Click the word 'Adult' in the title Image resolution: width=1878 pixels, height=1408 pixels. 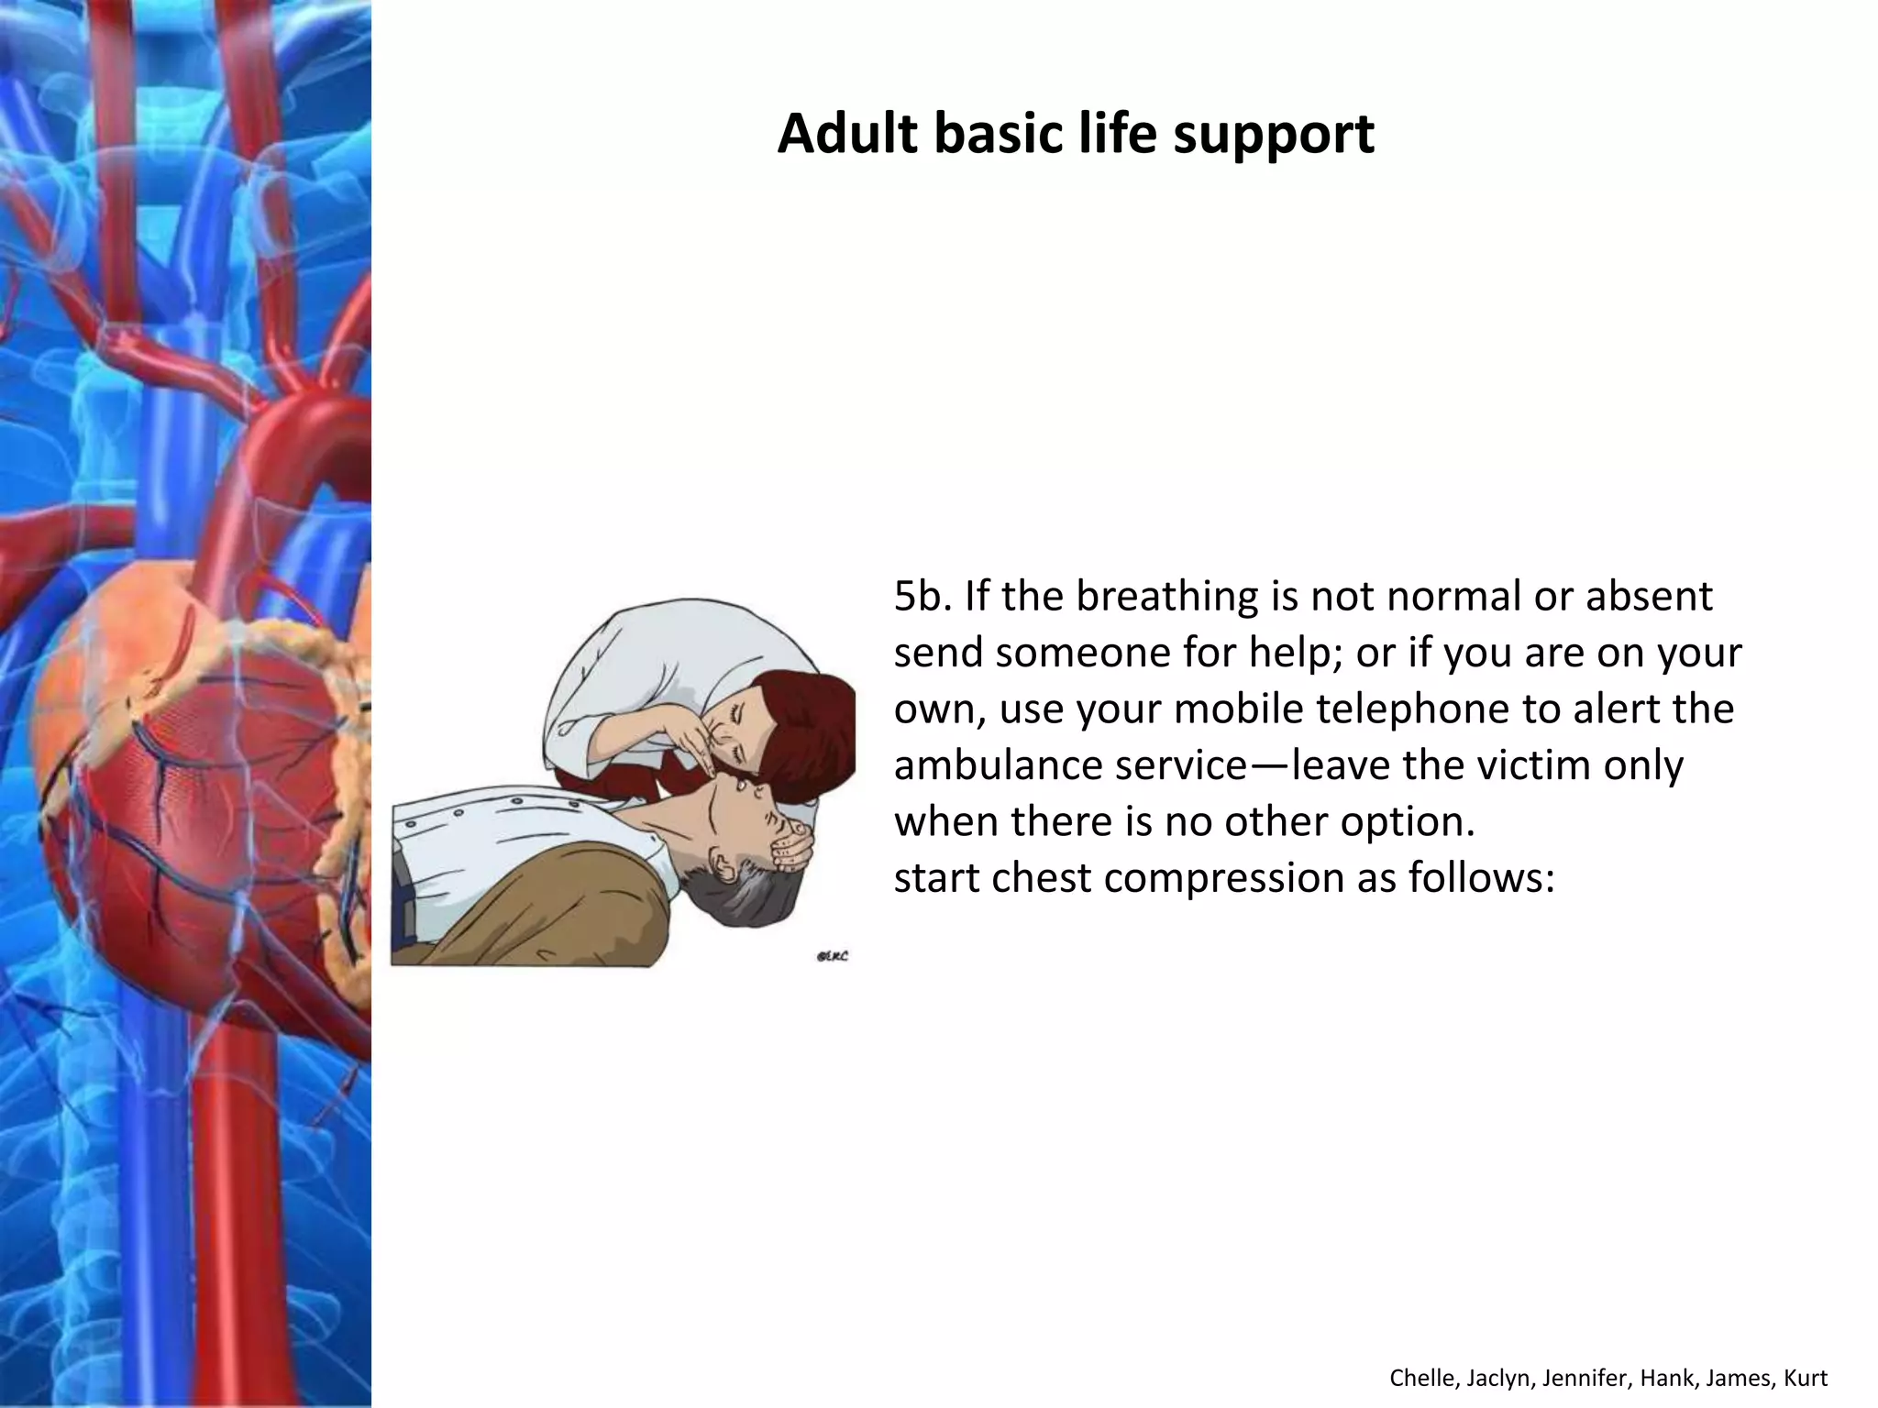tap(847, 134)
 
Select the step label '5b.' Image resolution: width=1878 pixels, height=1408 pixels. tap(922, 597)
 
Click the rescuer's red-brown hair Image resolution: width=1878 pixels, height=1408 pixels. tap(807, 724)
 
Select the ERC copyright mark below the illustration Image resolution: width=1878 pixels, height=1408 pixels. tap(831, 957)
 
